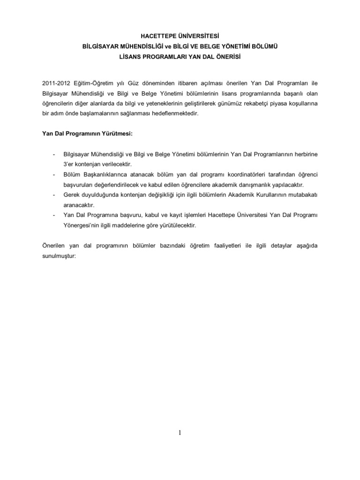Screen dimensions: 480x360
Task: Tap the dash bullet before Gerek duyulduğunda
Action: click(x=55, y=195)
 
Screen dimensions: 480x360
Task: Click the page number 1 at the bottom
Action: click(x=180, y=433)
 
